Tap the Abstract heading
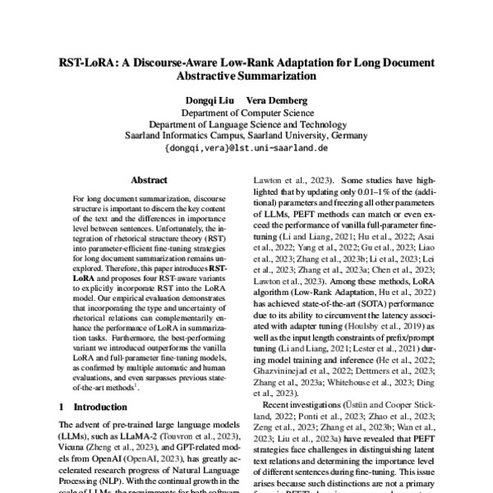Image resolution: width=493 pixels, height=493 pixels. (149, 180)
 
